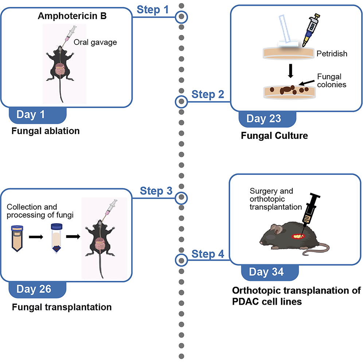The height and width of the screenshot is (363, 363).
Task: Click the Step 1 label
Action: tap(153, 10)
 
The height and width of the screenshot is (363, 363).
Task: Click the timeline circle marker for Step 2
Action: tap(181, 102)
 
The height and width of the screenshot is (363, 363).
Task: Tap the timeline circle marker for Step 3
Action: tap(181, 198)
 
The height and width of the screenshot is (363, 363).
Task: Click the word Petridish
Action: tap(332, 54)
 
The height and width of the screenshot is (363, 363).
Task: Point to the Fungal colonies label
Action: tap(331, 81)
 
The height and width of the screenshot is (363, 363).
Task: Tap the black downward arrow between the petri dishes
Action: tap(290, 71)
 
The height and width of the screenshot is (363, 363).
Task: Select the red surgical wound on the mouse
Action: tap(298, 237)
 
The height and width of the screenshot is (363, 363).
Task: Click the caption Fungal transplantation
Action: tap(62, 307)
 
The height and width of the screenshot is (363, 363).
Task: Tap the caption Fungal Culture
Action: tap(274, 136)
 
